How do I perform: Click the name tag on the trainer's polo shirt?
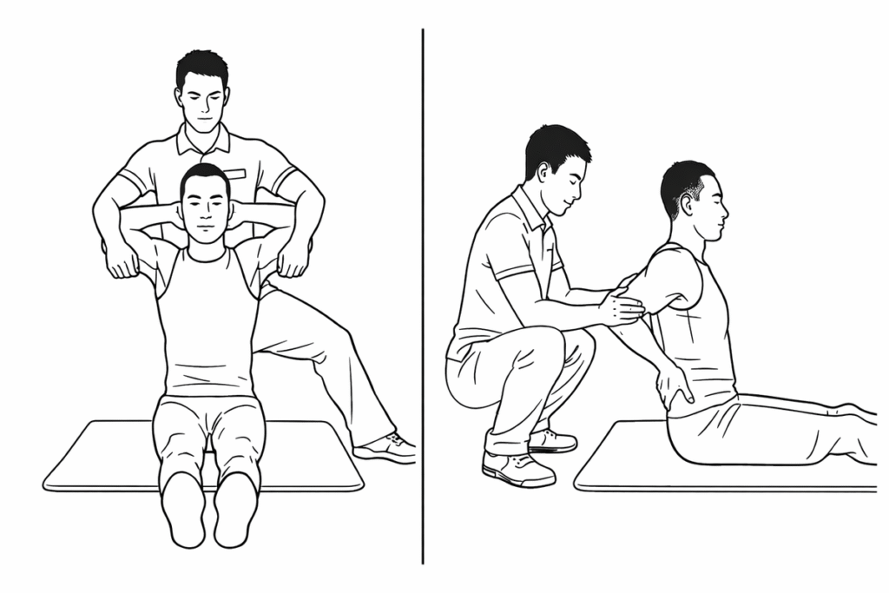235,174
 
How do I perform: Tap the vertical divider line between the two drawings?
423,295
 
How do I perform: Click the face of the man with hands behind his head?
205,213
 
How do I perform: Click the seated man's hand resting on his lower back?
674,385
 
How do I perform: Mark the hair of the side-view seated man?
682,178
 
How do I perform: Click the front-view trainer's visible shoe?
386,447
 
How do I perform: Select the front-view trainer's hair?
202,66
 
